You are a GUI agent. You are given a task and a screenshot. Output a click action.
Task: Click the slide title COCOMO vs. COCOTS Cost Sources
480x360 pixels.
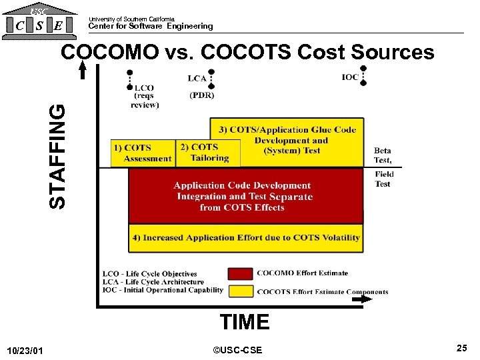point(247,53)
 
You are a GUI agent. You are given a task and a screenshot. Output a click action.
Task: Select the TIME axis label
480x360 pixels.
point(244,322)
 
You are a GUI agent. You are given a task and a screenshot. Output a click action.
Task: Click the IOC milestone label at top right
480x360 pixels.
point(351,77)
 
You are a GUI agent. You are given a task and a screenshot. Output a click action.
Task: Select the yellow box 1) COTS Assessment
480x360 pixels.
point(143,153)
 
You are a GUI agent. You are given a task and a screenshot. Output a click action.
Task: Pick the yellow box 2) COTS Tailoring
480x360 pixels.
point(207,153)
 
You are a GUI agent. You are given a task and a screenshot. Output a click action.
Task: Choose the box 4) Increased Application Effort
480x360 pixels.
point(245,238)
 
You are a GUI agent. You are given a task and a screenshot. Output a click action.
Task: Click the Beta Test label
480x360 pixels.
point(383,155)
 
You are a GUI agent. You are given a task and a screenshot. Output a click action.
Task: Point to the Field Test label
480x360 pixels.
point(383,179)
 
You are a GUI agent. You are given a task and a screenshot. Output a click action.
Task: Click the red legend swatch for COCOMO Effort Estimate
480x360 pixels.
point(240,273)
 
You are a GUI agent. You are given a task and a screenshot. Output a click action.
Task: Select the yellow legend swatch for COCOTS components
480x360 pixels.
point(240,291)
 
